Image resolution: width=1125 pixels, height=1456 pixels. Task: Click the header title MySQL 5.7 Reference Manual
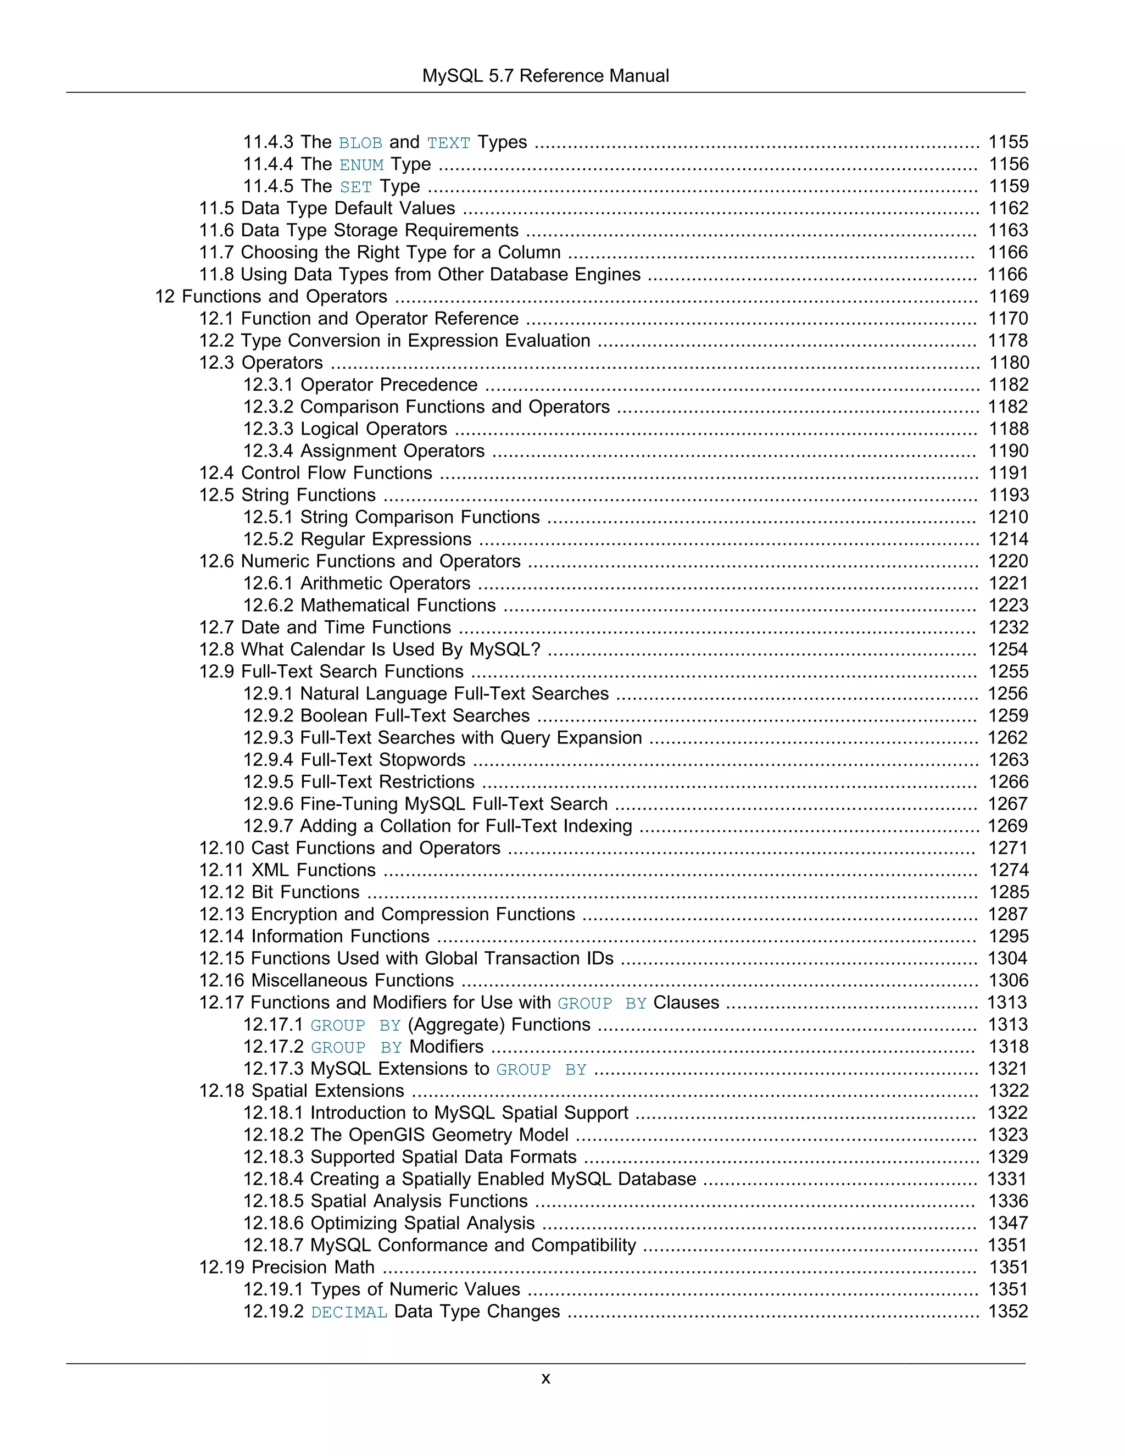pyautogui.click(x=545, y=76)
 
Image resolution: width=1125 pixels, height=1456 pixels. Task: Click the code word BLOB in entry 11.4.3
pyautogui.click(x=360, y=143)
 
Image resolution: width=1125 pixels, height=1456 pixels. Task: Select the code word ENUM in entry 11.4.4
pyautogui.click(x=361, y=165)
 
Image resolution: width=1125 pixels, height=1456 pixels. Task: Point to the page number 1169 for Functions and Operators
pyautogui.click(x=1007, y=297)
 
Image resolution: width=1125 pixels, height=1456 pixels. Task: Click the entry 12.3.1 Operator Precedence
pyautogui.click(x=360, y=385)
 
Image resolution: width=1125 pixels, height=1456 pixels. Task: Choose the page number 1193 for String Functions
pyautogui.click(x=1007, y=496)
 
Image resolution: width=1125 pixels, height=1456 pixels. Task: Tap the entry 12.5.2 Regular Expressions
pyautogui.click(x=357, y=540)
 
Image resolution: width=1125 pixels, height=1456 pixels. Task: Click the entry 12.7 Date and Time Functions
pyautogui.click(x=325, y=628)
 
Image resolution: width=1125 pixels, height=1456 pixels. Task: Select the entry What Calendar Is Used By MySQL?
pyautogui.click(x=390, y=650)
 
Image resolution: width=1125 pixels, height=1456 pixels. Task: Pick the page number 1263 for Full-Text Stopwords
pyautogui.click(x=1007, y=760)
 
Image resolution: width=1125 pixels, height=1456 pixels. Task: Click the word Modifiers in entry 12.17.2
pyautogui.click(x=447, y=1047)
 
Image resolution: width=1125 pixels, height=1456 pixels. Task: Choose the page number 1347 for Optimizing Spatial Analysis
pyautogui.click(x=1007, y=1224)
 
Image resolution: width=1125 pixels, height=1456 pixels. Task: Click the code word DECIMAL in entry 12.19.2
pyautogui.click(x=349, y=1313)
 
